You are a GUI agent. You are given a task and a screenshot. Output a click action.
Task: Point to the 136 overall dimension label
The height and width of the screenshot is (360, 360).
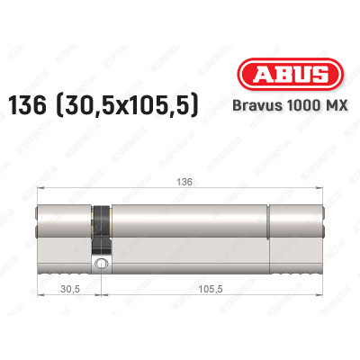184,178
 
